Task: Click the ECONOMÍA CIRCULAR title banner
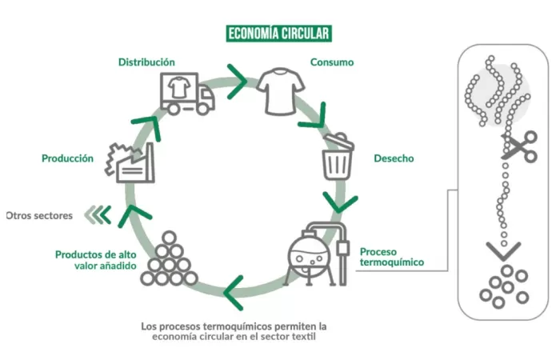tap(278, 34)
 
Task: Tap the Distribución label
tap(146, 62)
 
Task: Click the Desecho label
tap(394, 158)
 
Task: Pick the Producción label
tap(67, 158)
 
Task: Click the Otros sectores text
tap(39, 215)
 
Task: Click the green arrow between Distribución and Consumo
tap(238, 77)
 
